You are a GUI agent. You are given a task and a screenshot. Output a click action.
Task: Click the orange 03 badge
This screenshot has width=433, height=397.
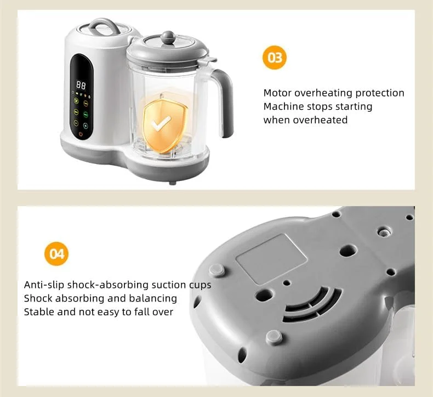click(275, 58)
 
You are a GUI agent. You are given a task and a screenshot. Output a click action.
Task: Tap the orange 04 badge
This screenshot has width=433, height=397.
click(56, 254)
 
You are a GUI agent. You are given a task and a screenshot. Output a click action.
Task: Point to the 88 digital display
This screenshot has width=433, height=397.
click(81, 85)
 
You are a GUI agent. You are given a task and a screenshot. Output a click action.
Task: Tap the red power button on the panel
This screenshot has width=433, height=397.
click(81, 134)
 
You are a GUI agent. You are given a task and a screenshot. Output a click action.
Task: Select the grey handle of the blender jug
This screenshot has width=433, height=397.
click(224, 102)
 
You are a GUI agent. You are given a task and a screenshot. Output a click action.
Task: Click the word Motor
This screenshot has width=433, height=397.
click(277, 93)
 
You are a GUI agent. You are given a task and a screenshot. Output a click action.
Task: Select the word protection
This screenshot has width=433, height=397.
click(380, 93)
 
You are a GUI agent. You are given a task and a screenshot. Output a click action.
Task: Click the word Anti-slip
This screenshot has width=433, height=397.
click(44, 285)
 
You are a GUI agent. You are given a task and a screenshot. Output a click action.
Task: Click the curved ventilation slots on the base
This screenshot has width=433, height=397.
click(312, 304)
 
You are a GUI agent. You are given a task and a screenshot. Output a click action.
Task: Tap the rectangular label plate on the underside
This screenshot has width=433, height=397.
click(271, 259)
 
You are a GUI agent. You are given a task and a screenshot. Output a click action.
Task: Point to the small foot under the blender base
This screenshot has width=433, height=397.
click(173, 183)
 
